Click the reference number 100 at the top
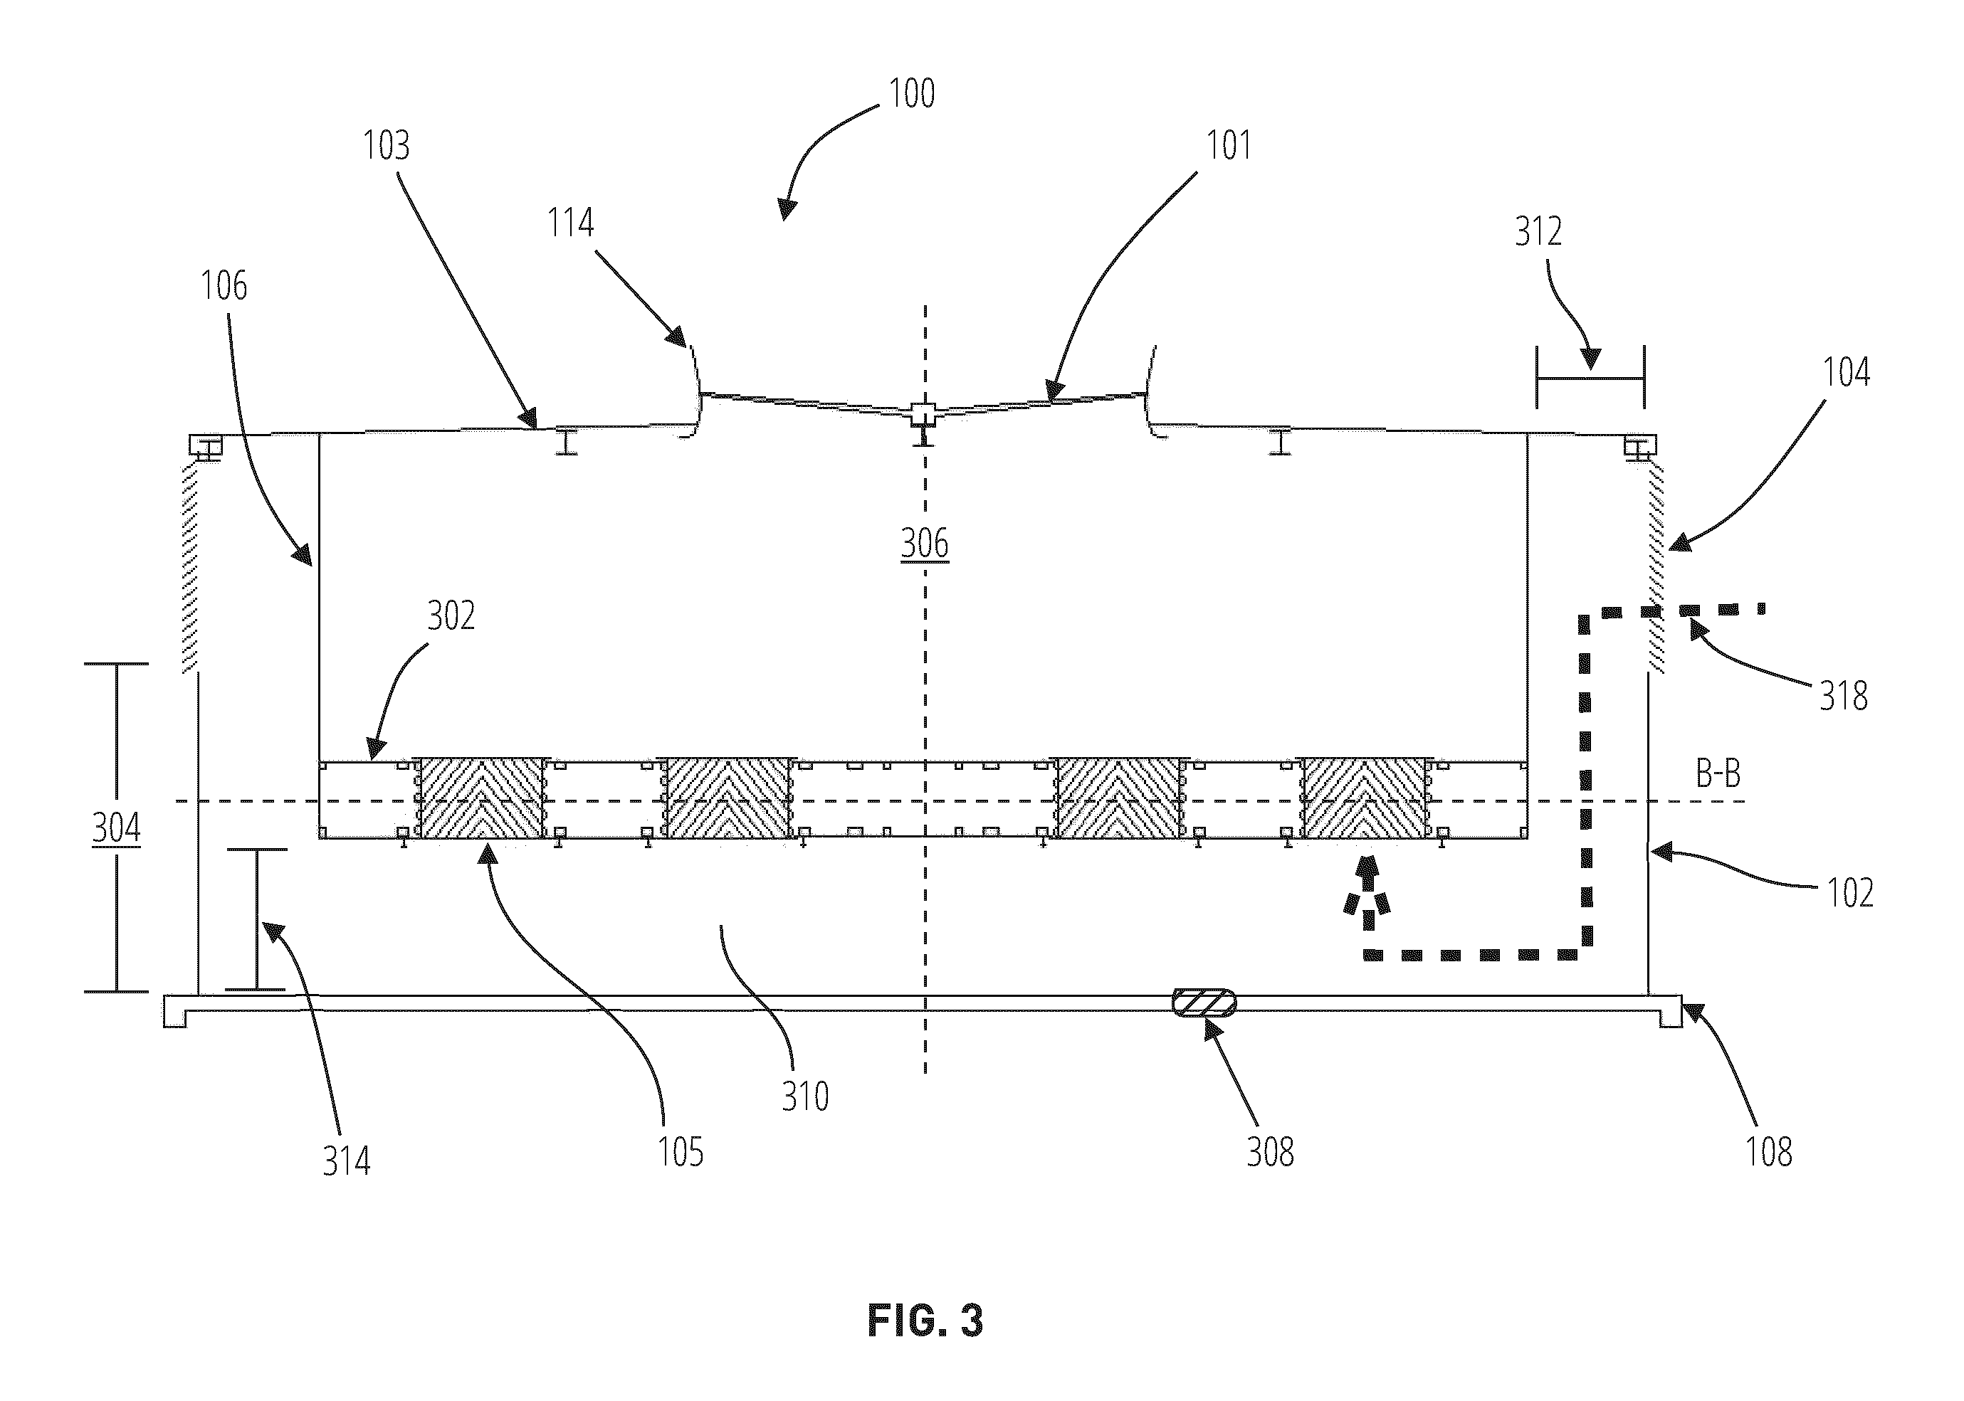pyautogui.click(x=912, y=93)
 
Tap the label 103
pyautogui.click(x=386, y=145)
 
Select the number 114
pyautogui.click(x=570, y=223)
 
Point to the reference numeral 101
pyautogui.click(x=1228, y=145)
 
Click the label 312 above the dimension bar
pyautogui.click(x=1538, y=231)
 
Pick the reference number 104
pyautogui.click(x=1846, y=372)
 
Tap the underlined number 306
pyautogui.click(x=924, y=544)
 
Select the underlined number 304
pyautogui.click(x=117, y=828)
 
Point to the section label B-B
pyautogui.click(x=1718, y=774)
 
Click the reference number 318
pyautogui.click(x=1844, y=696)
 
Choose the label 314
pyautogui.click(x=346, y=1161)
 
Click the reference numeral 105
pyautogui.click(x=681, y=1153)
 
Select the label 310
pyautogui.click(x=805, y=1096)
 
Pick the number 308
pyautogui.click(x=1270, y=1153)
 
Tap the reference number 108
pyautogui.click(x=1769, y=1153)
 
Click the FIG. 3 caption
pyautogui.click(x=925, y=1321)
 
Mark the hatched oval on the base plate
pyautogui.click(x=1203, y=1003)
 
